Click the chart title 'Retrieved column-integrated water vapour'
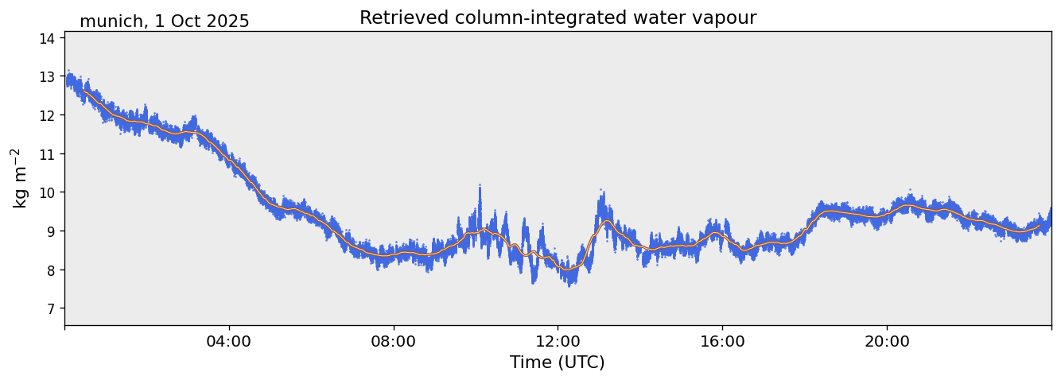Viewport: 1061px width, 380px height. (x=558, y=17)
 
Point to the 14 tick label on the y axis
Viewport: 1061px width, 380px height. (x=48, y=37)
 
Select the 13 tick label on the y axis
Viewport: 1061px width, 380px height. (x=48, y=76)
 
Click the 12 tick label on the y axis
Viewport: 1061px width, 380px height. (x=48, y=115)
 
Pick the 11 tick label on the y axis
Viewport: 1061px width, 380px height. (x=48, y=153)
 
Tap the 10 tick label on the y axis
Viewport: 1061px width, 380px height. (x=48, y=192)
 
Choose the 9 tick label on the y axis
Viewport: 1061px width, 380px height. (x=51, y=231)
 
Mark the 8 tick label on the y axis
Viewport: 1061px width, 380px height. (x=51, y=270)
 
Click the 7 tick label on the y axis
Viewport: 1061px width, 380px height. (x=51, y=308)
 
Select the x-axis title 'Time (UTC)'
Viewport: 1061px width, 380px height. (x=558, y=363)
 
